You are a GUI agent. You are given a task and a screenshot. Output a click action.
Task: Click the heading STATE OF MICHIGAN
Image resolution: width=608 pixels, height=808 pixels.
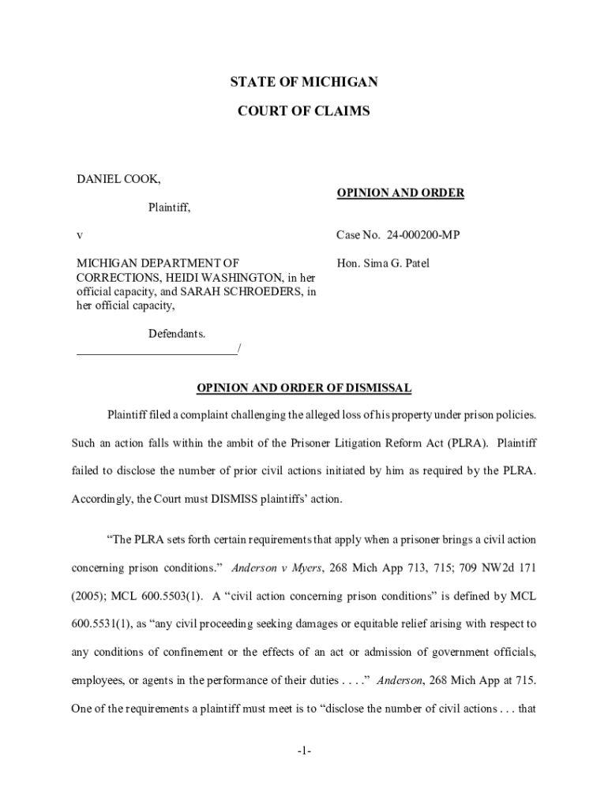point(303,82)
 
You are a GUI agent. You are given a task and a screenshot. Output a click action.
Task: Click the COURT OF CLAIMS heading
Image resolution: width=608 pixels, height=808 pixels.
point(303,112)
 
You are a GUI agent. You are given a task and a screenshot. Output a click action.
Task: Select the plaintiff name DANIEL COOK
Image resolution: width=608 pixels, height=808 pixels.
point(118,179)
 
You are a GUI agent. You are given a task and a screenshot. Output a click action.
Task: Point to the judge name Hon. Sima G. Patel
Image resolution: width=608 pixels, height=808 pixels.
point(383,264)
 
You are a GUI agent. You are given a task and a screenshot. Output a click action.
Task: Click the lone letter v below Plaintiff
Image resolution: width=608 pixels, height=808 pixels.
point(79,235)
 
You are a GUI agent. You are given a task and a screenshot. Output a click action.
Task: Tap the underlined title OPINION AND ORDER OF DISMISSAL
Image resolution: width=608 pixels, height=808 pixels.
point(303,387)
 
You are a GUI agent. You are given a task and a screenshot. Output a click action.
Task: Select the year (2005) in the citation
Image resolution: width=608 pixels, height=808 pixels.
point(88,596)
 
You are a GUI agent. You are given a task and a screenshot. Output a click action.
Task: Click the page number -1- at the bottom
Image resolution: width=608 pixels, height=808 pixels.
point(304,752)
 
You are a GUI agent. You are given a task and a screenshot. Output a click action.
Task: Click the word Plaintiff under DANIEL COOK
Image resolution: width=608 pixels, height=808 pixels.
point(170,208)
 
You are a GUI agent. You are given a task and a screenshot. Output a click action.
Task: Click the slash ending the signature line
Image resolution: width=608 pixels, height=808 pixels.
point(239,349)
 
